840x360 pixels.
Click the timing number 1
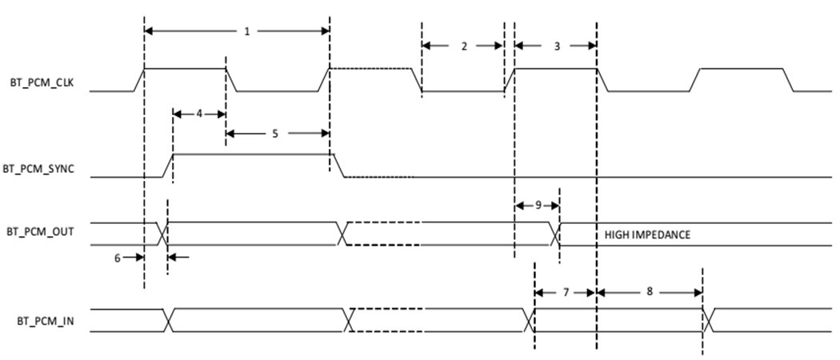pos(247,31)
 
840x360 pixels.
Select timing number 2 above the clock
pos(463,46)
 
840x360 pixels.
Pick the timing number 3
pos(557,46)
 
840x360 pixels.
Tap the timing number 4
pos(199,113)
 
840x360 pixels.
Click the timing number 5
pos(274,134)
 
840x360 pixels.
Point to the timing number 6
pos(117,258)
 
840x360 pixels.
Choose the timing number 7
pos(566,292)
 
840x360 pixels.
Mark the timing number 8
pos(649,292)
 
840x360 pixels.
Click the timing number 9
pos(537,206)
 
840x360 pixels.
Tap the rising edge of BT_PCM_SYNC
pos(168,165)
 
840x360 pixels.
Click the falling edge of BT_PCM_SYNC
pos(338,165)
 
